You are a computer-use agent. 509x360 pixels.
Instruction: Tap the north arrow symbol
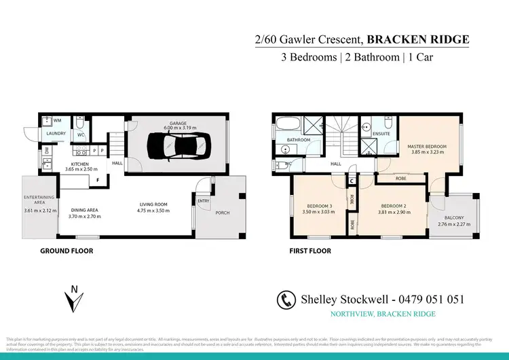tap(74, 299)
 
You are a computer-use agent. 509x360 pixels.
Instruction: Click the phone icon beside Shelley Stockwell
tap(286, 300)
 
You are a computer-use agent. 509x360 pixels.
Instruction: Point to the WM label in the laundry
tap(57, 120)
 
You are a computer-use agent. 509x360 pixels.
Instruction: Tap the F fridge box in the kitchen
tap(98, 180)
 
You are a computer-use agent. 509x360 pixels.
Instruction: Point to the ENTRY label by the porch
tap(204, 201)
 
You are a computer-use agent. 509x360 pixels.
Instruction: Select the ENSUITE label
tap(381, 134)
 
